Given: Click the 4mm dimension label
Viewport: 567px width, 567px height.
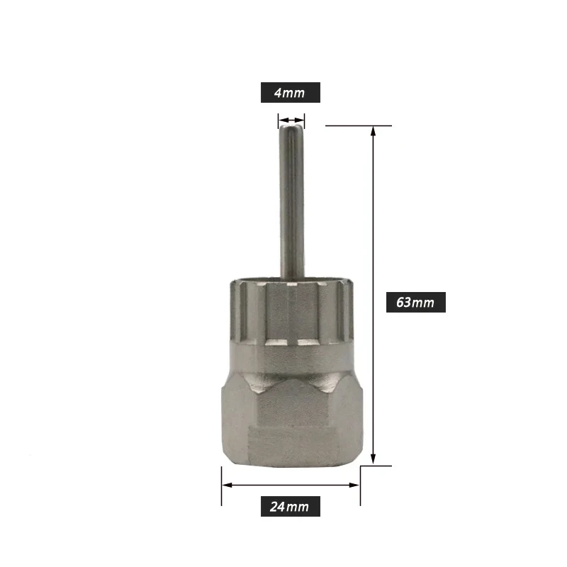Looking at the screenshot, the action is click(x=291, y=93).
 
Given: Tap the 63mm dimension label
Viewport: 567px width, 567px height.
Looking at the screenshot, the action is click(x=416, y=302).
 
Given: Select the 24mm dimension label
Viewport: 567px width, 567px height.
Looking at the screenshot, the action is click(x=291, y=506).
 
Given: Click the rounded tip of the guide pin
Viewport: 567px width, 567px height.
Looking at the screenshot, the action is click(x=291, y=128).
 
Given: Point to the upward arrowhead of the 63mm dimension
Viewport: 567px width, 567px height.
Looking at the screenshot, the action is click(x=374, y=131).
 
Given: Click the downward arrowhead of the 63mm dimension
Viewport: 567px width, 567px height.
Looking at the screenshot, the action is click(x=374, y=459).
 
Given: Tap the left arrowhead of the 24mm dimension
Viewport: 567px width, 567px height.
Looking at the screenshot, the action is click(x=227, y=485).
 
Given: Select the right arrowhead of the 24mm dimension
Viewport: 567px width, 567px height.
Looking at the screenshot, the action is click(x=354, y=485).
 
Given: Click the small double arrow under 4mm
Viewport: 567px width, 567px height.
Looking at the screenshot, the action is click(x=291, y=120).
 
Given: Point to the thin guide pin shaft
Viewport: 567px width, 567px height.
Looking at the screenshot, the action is click(x=292, y=203).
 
